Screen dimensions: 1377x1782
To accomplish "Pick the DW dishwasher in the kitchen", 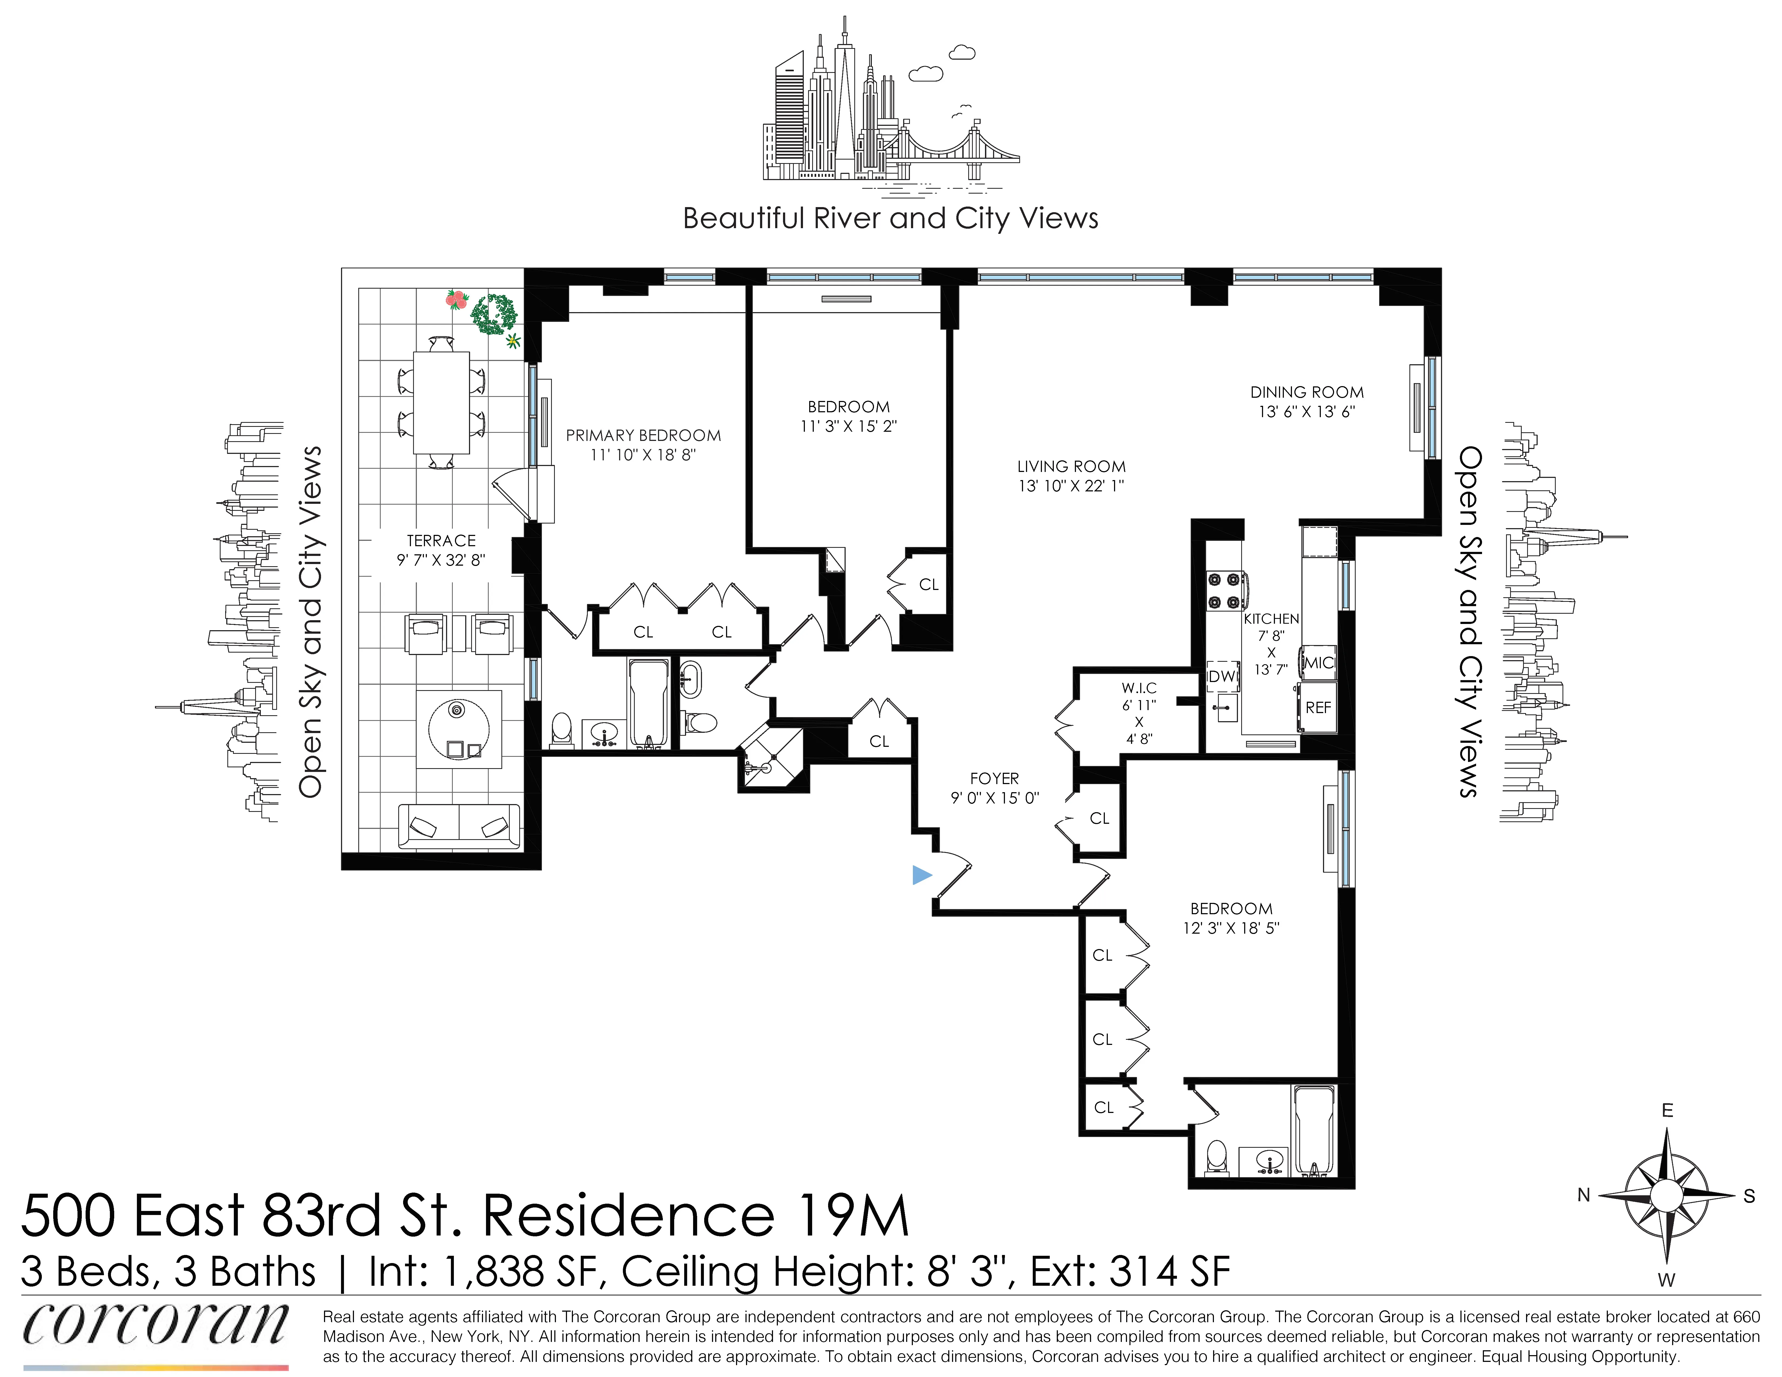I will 1221,676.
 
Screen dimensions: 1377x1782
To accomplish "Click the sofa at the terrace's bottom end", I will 458,826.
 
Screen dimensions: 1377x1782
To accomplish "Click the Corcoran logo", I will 155,1325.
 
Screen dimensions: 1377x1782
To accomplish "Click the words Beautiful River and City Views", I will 890,219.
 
